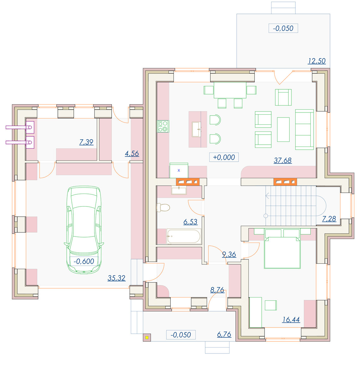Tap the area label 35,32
[x=116, y=278]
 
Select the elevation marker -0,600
[x=84, y=261]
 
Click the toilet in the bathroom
[x=163, y=208]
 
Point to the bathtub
[x=184, y=236]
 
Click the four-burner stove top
[x=163, y=126]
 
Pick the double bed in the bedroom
[x=282, y=249]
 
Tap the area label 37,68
[x=283, y=160]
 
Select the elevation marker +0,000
[x=224, y=157]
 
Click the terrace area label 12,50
[x=317, y=61]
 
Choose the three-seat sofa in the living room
[x=304, y=129]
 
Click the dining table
[x=230, y=90]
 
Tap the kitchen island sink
[x=197, y=129]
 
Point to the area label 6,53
[x=190, y=222]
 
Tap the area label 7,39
[x=86, y=142]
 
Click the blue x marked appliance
[x=179, y=171]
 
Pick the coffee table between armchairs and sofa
[x=283, y=129]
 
